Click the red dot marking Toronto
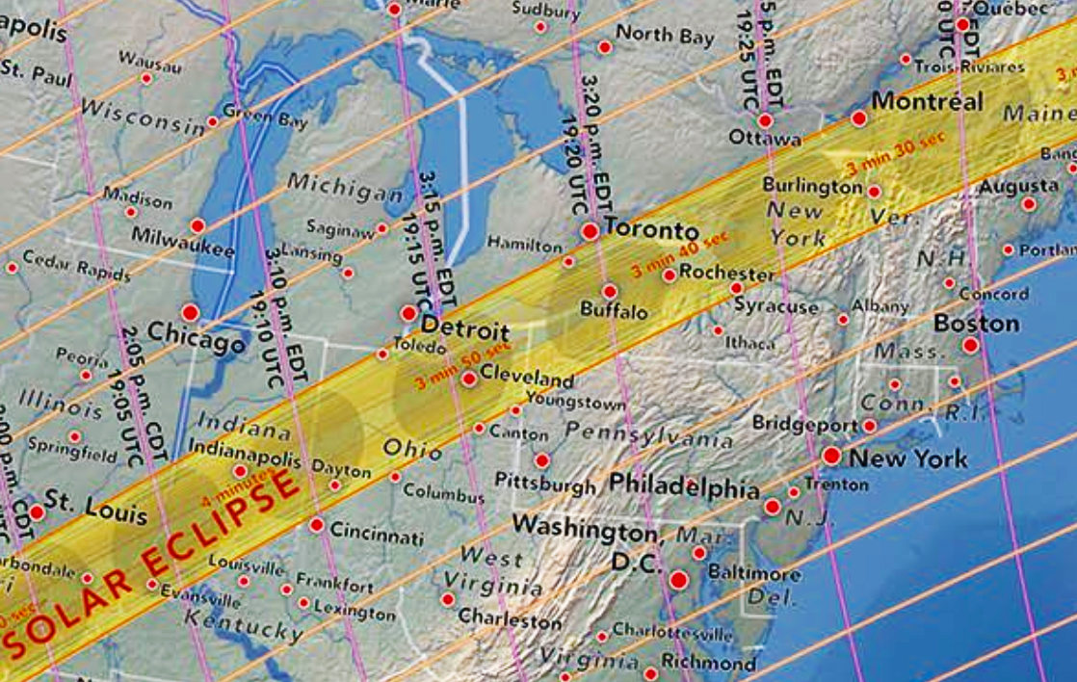(590, 231)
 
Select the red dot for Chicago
(190, 313)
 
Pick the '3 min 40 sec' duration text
(680, 253)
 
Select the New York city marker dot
(831, 457)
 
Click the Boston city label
(976, 323)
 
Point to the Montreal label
(927, 101)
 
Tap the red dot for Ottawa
(765, 121)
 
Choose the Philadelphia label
(685, 486)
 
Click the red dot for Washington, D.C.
(679, 580)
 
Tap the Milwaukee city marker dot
(197, 225)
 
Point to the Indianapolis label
(245, 448)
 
